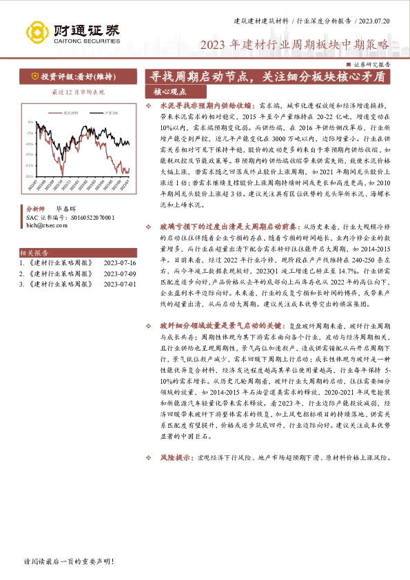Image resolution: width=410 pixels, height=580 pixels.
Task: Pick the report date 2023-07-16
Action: click(119, 263)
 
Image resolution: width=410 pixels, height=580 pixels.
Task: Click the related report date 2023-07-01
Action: click(119, 284)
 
